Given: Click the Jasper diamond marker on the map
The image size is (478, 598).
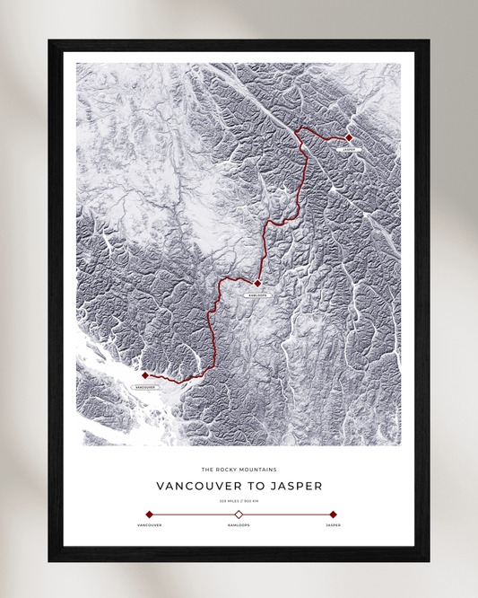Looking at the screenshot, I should coord(349,137).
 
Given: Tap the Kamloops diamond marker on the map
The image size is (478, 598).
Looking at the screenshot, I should coord(257,284).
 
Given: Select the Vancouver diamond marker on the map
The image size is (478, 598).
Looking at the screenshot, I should coord(145,375).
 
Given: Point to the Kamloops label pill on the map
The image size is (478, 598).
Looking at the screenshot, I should coord(256,295).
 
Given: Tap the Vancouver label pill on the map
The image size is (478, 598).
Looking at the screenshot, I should coord(145,387).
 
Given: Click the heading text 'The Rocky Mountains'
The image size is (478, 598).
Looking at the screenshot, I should coord(239,469).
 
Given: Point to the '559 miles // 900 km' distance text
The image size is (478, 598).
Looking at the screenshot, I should coord(239,500).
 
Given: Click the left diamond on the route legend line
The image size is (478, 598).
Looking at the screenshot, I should coord(149,514).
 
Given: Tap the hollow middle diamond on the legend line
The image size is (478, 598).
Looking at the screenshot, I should coord(239,514).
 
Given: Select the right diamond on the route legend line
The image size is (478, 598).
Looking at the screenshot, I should coord(333,514).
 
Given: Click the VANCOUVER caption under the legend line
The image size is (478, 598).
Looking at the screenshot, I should coord(149,524).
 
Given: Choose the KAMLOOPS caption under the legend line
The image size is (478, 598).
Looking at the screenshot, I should coord(239,524).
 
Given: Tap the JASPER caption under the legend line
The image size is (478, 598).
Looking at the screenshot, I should coord(333,524).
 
